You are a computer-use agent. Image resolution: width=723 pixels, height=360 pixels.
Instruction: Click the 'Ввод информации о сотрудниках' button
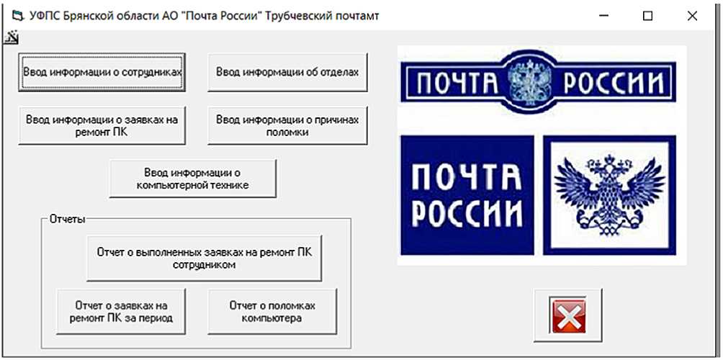[102, 72]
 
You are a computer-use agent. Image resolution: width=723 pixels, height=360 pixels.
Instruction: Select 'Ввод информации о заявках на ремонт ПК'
[102, 126]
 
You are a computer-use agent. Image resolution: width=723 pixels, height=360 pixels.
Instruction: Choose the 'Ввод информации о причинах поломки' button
[287, 126]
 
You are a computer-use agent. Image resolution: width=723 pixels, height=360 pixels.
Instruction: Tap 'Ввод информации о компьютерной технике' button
[192, 179]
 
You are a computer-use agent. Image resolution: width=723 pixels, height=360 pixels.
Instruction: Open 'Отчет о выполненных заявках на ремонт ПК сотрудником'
[205, 258]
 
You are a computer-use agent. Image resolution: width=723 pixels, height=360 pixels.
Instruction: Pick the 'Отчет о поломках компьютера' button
[272, 311]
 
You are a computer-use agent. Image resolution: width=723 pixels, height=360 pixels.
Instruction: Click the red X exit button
[568, 315]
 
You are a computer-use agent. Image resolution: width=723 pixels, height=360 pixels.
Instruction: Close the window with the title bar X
[692, 15]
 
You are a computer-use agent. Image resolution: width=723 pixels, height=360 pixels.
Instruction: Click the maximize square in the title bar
[647, 15]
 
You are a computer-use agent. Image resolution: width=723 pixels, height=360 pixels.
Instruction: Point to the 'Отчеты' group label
[67, 218]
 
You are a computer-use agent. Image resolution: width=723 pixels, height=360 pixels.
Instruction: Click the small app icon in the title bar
[18, 15]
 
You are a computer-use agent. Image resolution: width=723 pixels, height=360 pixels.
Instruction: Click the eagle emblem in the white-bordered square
[610, 194]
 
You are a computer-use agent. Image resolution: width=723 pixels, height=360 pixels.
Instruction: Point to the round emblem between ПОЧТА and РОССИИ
[531, 84]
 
